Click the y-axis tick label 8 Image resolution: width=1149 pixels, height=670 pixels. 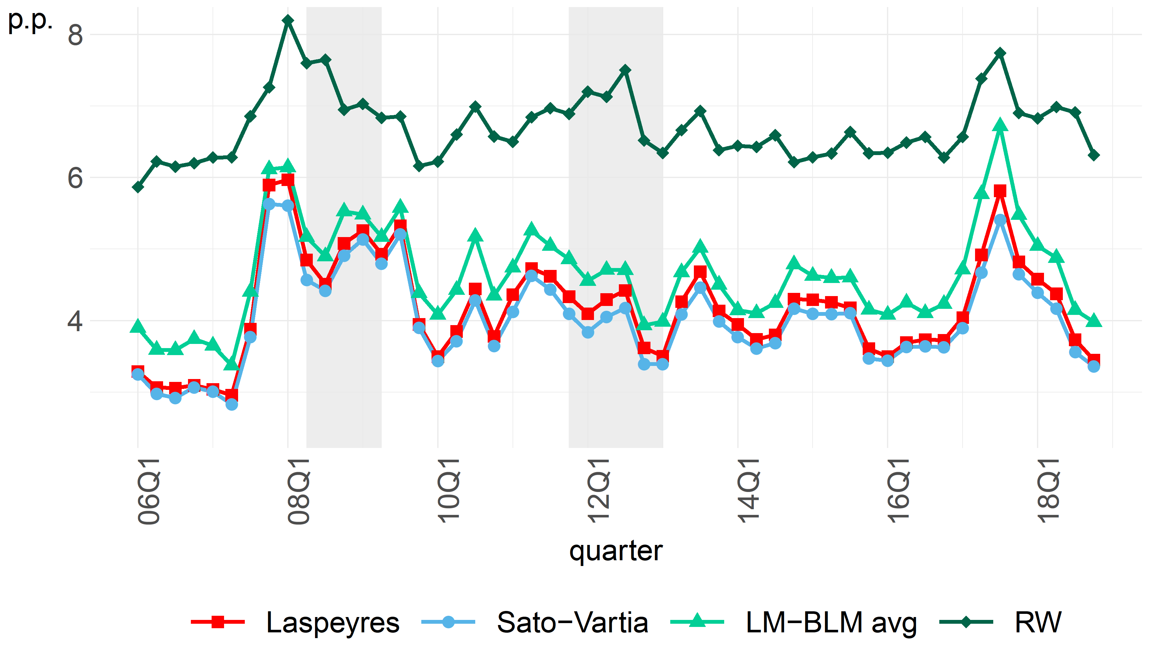pyautogui.click(x=75, y=35)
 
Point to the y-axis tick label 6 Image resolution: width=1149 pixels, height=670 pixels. pyautogui.click(x=75, y=178)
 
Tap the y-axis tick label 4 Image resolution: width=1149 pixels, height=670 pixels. pyautogui.click(x=75, y=321)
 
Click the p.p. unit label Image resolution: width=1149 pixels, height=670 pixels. pyautogui.click(x=30, y=20)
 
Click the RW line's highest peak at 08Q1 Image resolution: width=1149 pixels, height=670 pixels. pyautogui.click(x=288, y=20)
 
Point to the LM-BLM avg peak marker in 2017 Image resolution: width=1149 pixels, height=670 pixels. pyautogui.click(x=1000, y=125)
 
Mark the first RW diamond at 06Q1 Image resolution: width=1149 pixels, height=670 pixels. pyautogui.click(x=138, y=187)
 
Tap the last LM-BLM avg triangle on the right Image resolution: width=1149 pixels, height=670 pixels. pyautogui.click(x=1094, y=320)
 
